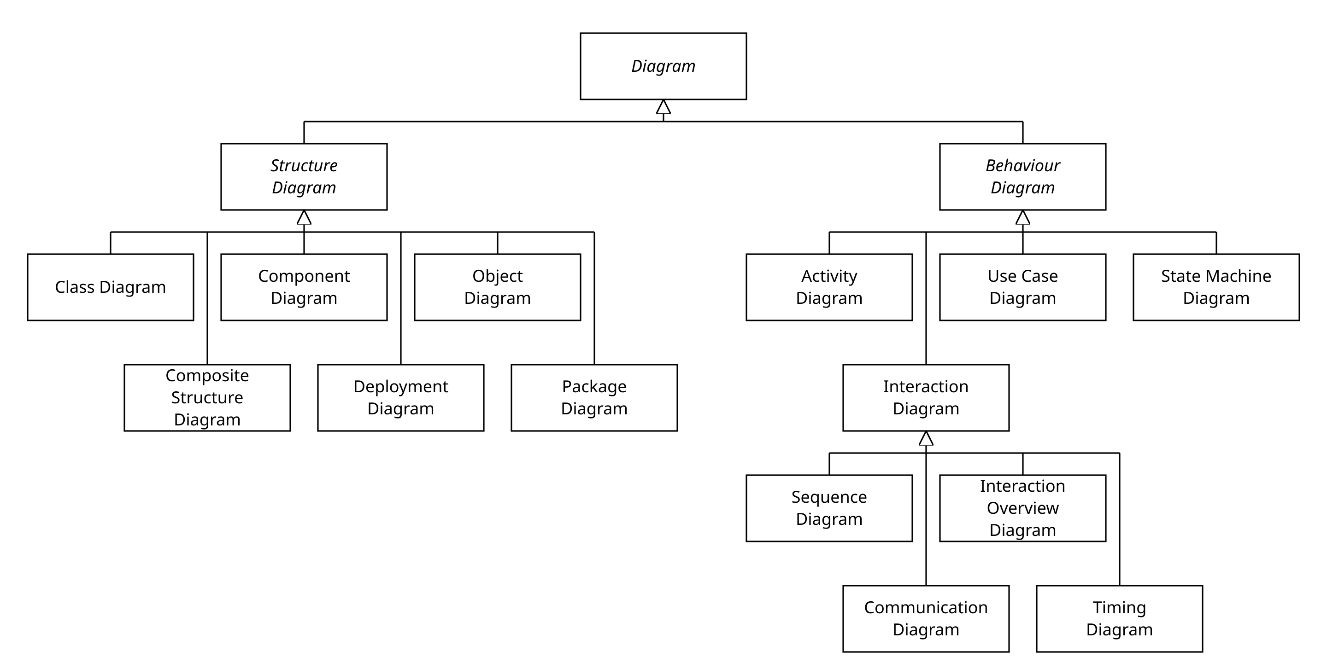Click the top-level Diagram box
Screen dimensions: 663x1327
(663, 66)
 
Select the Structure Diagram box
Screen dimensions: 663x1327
(304, 176)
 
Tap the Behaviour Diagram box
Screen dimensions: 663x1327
(1022, 176)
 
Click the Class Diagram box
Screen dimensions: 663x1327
(110, 287)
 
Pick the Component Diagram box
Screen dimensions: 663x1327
(304, 287)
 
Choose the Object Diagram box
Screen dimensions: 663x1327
(497, 287)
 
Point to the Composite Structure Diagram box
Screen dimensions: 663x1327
(207, 397)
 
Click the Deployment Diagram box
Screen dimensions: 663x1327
(401, 397)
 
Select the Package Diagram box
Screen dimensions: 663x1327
(594, 397)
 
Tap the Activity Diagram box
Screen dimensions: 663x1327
(829, 287)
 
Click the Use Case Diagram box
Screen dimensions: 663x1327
(1022, 287)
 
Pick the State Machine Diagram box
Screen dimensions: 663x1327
(1216, 287)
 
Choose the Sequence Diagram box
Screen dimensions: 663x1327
(829, 508)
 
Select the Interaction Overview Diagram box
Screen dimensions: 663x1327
(1022, 508)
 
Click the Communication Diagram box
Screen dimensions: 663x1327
(926, 618)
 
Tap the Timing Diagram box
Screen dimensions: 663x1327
(1119, 618)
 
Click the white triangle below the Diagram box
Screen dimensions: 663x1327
(663, 108)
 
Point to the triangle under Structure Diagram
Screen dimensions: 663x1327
(304, 219)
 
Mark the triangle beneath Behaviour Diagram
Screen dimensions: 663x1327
(1022, 219)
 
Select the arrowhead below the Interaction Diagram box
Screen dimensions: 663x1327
(926, 440)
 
